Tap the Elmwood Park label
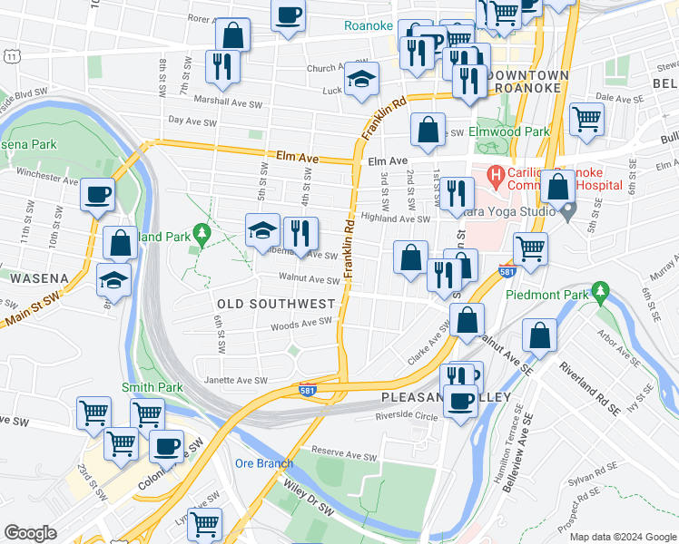tap(509, 131)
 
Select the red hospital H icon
tap(496, 173)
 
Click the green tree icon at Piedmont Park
tap(599, 291)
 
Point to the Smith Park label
tap(153, 387)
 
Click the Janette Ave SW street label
tap(236, 381)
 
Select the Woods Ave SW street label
tap(300, 324)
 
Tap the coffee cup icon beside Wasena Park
tap(97, 193)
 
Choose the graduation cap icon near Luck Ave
tap(361, 79)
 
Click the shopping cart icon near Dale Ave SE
tap(587, 118)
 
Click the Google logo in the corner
tap(30, 533)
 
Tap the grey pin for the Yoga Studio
tap(568, 213)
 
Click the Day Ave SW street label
tap(193, 121)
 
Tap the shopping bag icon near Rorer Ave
tap(233, 36)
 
